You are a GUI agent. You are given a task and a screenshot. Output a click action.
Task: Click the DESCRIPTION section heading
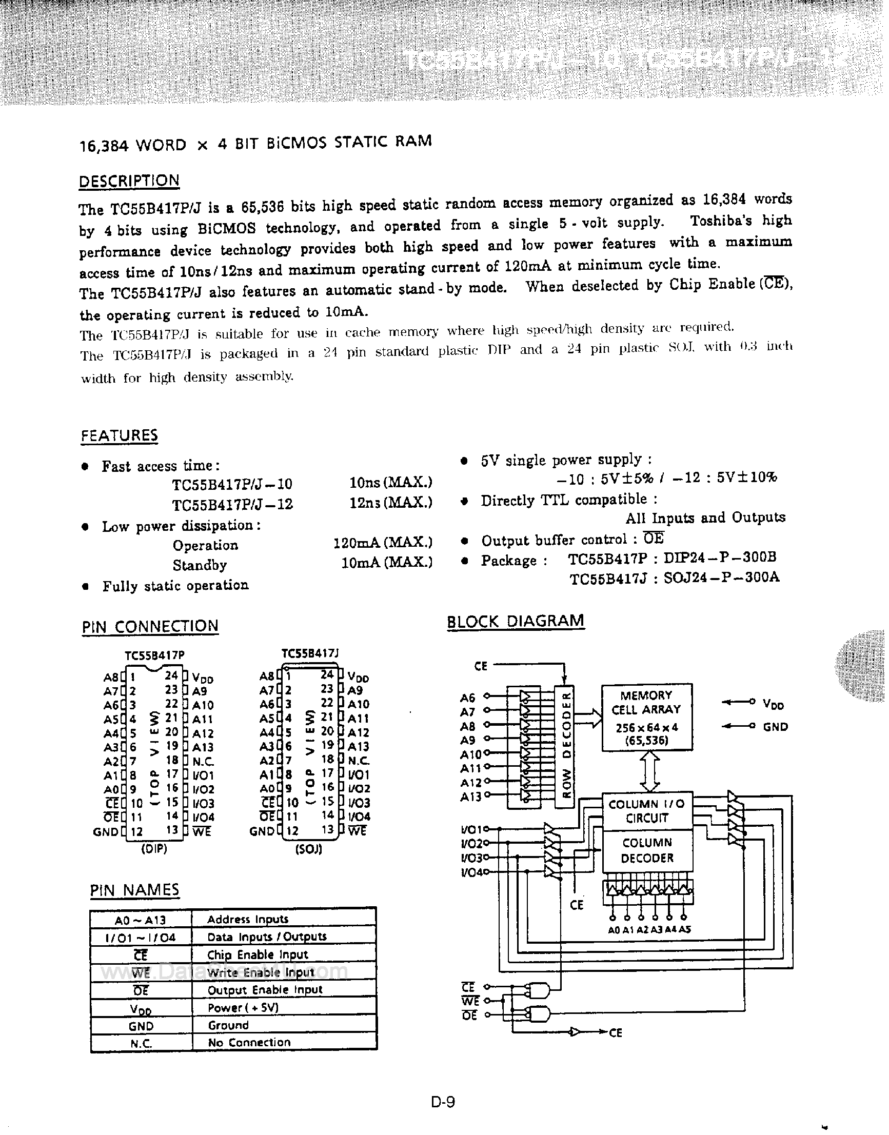(129, 181)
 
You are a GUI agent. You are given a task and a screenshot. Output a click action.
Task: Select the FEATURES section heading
(119, 435)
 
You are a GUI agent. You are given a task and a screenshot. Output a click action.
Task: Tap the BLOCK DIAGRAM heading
(515, 622)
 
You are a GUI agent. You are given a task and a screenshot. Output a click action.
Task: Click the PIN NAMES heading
(134, 890)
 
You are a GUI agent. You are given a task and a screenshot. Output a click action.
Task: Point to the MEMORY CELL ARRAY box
(646, 717)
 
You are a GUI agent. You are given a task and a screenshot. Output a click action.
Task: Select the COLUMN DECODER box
(647, 850)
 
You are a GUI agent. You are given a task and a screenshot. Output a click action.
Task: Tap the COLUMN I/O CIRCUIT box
(647, 811)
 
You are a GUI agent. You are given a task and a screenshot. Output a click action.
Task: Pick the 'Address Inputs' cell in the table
(248, 920)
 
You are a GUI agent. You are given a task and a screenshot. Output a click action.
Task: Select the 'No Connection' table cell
(249, 1042)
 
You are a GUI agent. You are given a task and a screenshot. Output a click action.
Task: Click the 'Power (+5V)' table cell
(243, 1007)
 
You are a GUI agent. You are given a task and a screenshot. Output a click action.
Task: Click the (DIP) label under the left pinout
(154, 849)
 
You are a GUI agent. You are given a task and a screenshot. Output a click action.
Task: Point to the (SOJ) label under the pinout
(309, 849)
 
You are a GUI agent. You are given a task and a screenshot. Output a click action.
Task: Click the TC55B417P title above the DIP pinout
(154, 655)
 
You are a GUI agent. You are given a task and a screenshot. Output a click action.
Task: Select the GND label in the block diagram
(775, 727)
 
